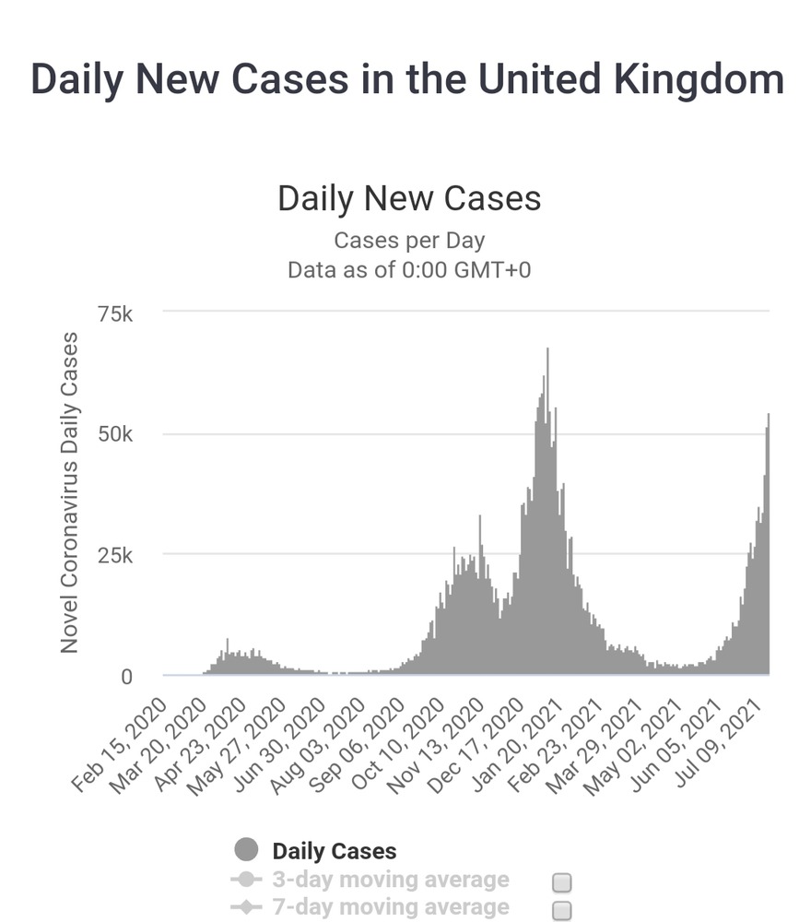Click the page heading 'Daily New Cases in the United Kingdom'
tap(407, 79)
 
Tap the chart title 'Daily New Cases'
tap(408, 198)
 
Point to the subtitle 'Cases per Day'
tap(408, 241)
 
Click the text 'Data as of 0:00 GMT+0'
tap(408, 270)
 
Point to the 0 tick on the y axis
tap(127, 676)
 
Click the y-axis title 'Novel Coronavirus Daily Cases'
tap(70, 493)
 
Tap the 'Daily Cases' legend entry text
tap(334, 851)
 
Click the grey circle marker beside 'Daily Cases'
tap(246, 850)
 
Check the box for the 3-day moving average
tap(561, 882)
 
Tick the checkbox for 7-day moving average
tap(561, 911)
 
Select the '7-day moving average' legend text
tap(390, 908)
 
